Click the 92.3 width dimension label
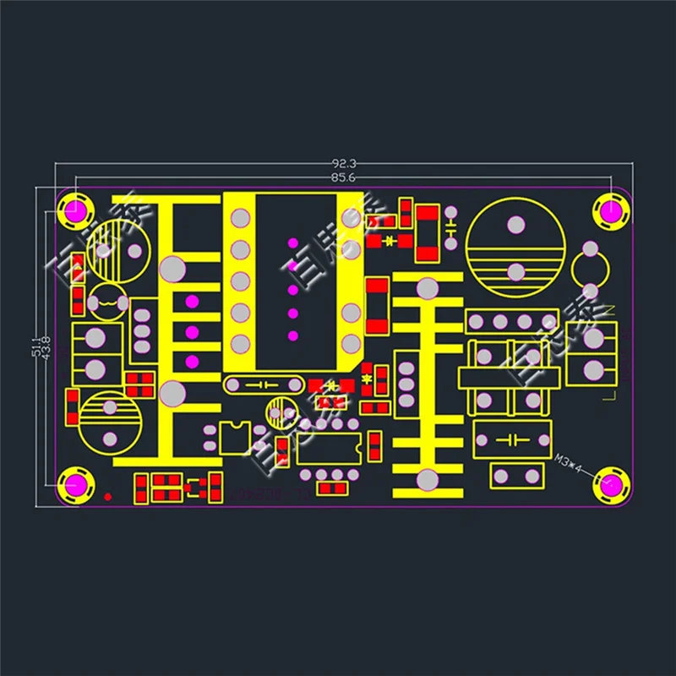(x=342, y=163)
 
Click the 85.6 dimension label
(x=342, y=177)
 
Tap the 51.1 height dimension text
(x=35, y=346)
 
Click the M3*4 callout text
(x=570, y=461)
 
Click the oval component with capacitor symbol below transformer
(x=264, y=384)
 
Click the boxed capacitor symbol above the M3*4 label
(x=507, y=439)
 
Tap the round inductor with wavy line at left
(x=109, y=302)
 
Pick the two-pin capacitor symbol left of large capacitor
(x=451, y=226)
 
